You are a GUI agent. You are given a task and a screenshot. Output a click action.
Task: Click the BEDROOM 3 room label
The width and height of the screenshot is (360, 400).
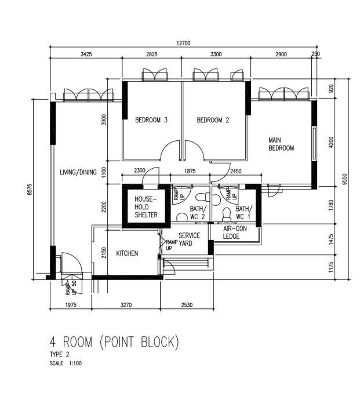[x=151, y=121]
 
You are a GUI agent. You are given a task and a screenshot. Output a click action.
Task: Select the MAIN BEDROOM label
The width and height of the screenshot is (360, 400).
[x=281, y=144]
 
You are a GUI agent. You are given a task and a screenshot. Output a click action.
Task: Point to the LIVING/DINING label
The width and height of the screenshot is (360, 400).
[x=78, y=172]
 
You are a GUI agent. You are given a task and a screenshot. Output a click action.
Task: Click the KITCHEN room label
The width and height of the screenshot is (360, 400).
[x=127, y=253]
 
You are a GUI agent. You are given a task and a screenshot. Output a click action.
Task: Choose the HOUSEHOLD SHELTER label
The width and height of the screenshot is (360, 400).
[x=146, y=206]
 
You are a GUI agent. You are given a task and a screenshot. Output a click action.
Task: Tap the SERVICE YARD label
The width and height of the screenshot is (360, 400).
[x=189, y=239]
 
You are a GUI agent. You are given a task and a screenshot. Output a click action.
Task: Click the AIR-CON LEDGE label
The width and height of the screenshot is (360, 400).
[x=235, y=232]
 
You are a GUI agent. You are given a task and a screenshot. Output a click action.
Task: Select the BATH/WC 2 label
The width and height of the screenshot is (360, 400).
[x=198, y=213]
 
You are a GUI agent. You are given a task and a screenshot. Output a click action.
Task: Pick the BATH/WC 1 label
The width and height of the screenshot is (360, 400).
[x=244, y=213]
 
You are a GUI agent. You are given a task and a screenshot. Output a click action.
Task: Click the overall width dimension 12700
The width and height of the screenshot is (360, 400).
[x=184, y=43]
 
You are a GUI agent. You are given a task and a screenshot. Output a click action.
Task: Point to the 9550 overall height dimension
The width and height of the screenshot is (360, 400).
[x=344, y=179]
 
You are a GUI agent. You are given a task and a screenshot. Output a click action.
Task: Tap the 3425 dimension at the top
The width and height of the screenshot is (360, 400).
[x=86, y=54]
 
